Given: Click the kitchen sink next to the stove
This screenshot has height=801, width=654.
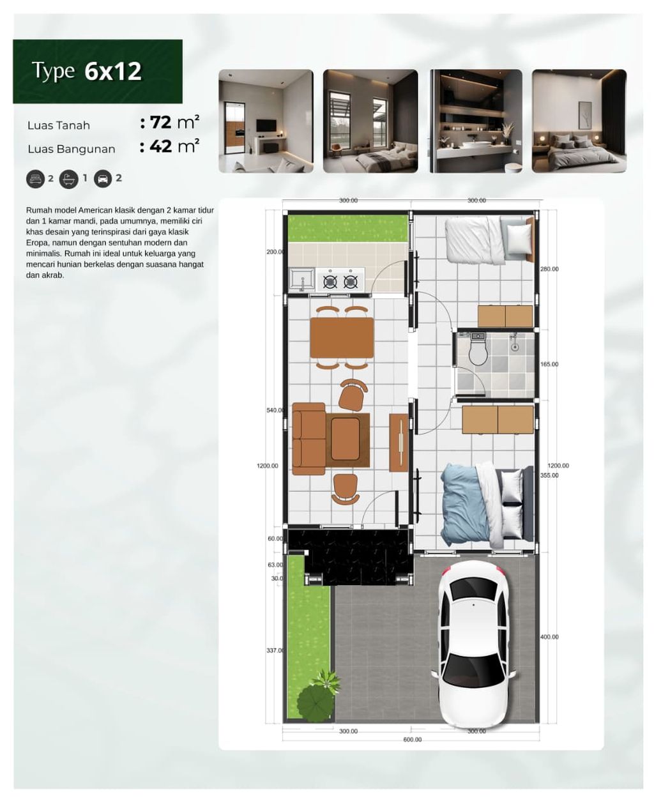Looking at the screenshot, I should coord(301,279).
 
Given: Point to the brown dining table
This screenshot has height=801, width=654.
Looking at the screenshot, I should coord(342,338).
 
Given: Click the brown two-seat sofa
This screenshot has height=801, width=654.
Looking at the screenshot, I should coord(308,438).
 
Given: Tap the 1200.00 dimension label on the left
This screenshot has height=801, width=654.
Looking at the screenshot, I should coord(268,466).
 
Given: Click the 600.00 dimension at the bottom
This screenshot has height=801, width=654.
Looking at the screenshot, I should coord(412,740).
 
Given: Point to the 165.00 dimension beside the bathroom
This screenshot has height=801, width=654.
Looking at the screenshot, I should coord(549,365).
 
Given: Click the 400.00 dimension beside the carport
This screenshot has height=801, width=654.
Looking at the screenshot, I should coord(549,637).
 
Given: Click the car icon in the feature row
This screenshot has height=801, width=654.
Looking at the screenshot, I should coord(102,179).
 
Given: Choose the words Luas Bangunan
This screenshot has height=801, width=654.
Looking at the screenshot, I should coord(72,149).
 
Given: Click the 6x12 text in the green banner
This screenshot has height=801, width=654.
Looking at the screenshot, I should coord(113,72).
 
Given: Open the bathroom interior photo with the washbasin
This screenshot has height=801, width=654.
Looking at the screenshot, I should coord(475,121).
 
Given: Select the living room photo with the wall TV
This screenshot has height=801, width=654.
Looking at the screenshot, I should coord(266,121).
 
